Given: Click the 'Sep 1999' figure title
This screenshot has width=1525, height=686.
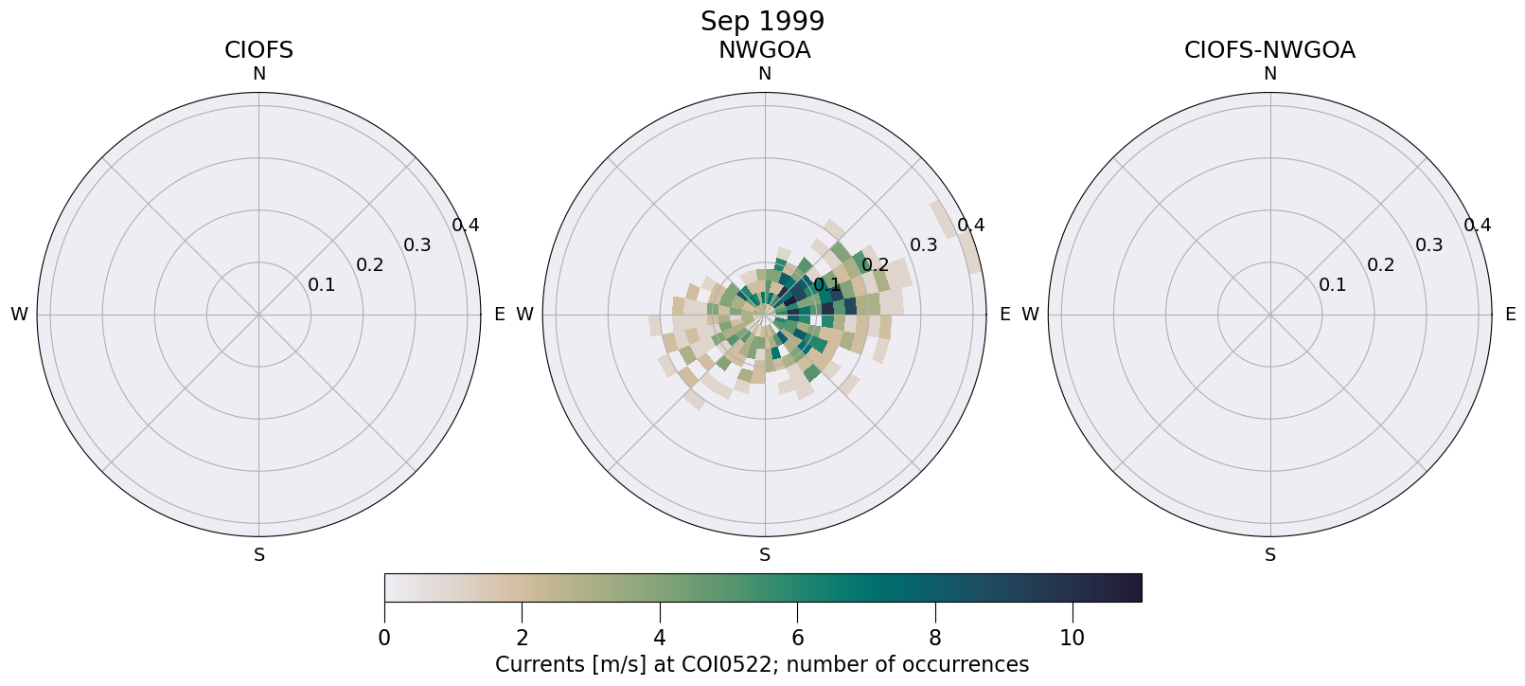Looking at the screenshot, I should click(x=762, y=21).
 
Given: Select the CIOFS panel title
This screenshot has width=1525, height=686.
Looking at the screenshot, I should click(x=258, y=50).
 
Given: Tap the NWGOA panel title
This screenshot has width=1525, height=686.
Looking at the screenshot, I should click(x=764, y=50).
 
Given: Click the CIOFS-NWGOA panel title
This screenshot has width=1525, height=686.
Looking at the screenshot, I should click(x=1269, y=50).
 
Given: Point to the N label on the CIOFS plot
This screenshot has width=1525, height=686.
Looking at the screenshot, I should click(x=258, y=74).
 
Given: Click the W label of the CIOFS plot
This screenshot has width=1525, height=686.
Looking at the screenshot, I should click(x=19, y=315).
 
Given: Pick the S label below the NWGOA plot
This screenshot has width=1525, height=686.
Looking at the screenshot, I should click(x=765, y=555).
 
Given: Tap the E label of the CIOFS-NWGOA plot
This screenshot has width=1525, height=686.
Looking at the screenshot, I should click(x=1510, y=315).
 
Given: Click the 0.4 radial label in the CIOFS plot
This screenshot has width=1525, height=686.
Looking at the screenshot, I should click(x=465, y=226).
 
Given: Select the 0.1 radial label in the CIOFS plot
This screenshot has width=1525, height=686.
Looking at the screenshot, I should click(x=321, y=285).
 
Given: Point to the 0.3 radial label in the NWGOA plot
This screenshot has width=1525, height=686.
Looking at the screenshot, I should click(x=923, y=245).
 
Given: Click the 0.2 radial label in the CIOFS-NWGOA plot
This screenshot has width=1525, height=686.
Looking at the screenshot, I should click(x=1380, y=265).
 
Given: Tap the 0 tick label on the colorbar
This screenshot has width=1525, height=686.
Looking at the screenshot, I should click(x=384, y=638).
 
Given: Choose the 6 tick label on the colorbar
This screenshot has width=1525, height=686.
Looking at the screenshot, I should click(x=797, y=638).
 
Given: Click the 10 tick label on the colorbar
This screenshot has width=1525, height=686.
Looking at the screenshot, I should click(x=1072, y=638).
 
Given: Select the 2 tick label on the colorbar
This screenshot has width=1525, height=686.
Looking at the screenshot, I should click(x=522, y=638).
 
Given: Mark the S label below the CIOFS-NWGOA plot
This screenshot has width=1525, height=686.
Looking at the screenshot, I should click(x=1270, y=555).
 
